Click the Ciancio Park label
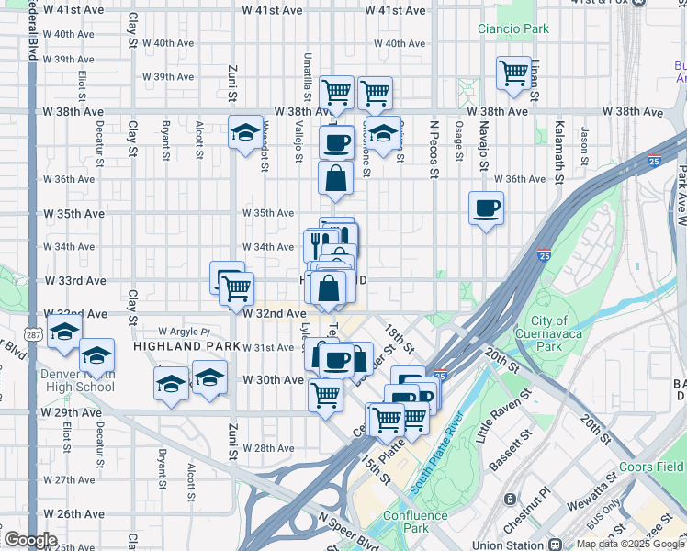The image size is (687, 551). (x=512, y=28)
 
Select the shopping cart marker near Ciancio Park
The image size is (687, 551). (x=513, y=73)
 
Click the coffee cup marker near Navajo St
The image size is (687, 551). (x=486, y=208)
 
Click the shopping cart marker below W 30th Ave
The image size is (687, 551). (x=326, y=395)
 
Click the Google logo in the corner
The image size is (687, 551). (x=30, y=540)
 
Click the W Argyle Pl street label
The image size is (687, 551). (x=184, y=331)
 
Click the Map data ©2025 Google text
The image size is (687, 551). (x=630, y=544)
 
